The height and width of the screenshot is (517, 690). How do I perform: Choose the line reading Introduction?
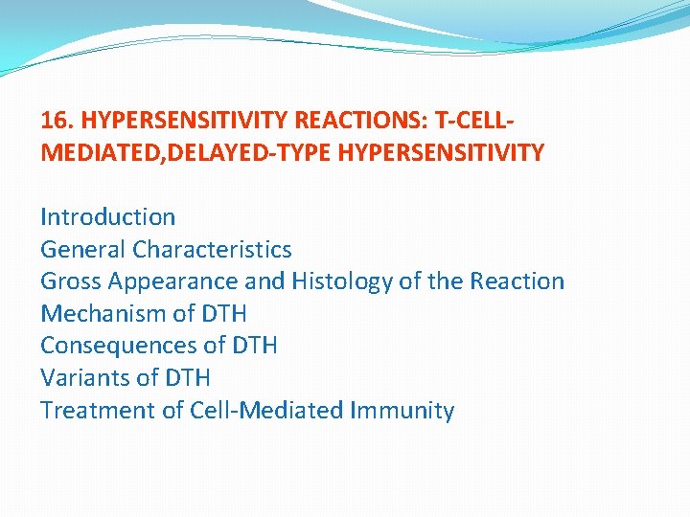pyautogui.click(x=107, y=217)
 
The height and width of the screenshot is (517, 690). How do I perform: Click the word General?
pyautogui.click(x=82, y=250)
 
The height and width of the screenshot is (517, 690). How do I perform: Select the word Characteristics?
pyautogui.click(x=212, y=250)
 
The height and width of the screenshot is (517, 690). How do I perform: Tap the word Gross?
pyautogui.click(x=71, y=281)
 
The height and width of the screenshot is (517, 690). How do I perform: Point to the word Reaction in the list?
pyautogui.click(x=517, y=281)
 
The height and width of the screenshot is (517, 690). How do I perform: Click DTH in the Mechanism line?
pyautogui.click(x=223, y=314)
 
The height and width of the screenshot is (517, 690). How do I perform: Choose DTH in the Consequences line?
pyautogui.click(x=254, y=346)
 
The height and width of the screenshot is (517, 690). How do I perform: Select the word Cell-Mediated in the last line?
pyautogui.click(x=252, y=411)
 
